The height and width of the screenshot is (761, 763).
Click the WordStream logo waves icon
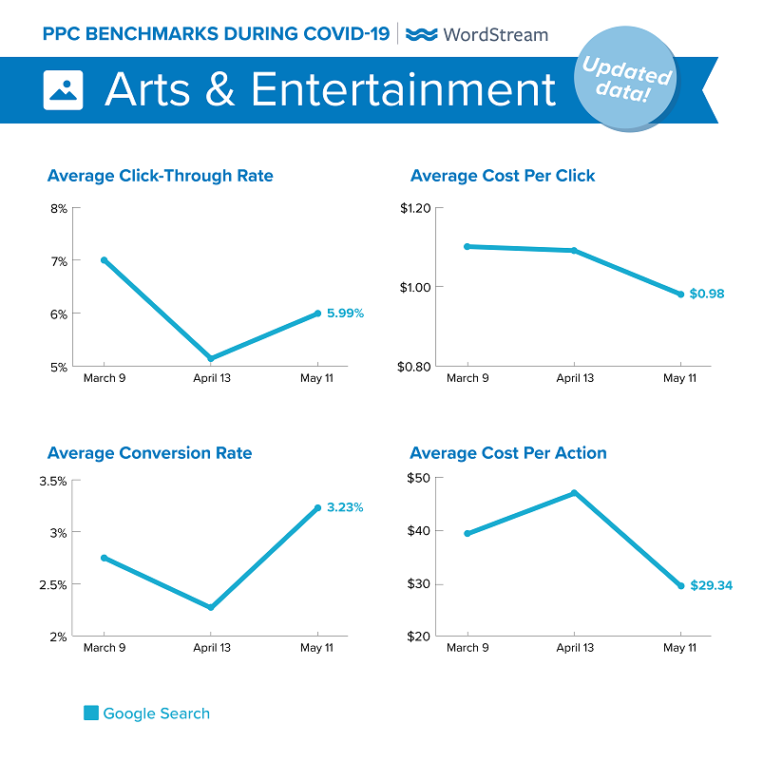(x=421, y=35)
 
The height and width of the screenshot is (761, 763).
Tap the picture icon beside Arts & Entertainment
(x=64, y=89)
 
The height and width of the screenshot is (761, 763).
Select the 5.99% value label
(x=346, y=313)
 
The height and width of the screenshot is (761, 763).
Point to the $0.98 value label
(x=706, y=294)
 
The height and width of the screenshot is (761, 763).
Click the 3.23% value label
(x=345, y=507)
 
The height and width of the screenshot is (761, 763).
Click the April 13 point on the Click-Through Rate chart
(x=211, y=358)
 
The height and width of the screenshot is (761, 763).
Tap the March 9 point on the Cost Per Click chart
(x=467, y=246)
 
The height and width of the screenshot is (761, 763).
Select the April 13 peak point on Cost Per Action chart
(x=574, y=493)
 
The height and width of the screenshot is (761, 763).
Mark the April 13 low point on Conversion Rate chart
(x=211, y=607)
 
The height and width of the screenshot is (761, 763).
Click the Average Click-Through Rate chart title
(x=160, y=176)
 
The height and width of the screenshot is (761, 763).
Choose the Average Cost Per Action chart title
(x=507, y=453)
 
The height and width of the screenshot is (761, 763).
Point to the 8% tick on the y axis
(x=59, y=209)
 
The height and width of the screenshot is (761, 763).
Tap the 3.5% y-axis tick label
(x=52, y=481)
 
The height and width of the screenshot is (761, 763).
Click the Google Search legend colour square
(x=91, y=713)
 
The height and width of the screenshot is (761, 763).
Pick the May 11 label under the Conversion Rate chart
(x=317, y=648)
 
